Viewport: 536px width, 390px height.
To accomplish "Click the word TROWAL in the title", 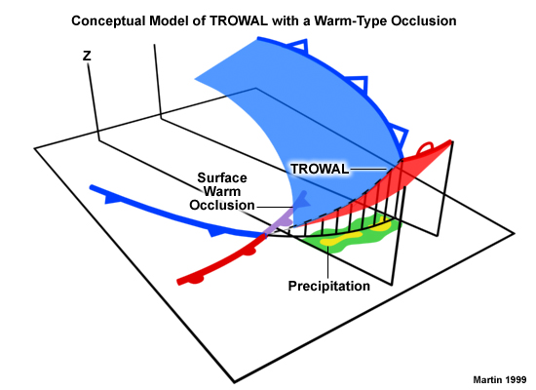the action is click(239, 20).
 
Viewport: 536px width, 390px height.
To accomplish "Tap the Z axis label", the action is click(87, 56).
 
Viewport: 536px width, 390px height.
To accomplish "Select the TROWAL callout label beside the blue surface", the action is click(320, 169).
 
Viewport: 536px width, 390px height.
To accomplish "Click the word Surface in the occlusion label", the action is click(222, 177).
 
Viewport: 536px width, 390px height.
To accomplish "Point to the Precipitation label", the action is click(328, 286).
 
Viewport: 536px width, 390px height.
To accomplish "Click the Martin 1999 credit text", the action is click(500, 379).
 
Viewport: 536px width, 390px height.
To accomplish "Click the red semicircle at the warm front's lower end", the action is click(196, 280).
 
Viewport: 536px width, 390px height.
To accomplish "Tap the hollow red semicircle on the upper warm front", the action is click(426, 147).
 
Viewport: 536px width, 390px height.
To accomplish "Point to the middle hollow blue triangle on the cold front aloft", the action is click(359, 84).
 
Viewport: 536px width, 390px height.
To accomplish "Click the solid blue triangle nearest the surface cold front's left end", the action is click(111, 199).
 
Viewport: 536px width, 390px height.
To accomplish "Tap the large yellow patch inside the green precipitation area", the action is click(341, 239).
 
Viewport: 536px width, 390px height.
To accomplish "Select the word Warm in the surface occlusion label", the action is click(222, 191).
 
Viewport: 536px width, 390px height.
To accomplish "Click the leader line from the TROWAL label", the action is click(368, 169).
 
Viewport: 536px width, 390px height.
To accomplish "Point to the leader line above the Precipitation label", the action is click(328, 262).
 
